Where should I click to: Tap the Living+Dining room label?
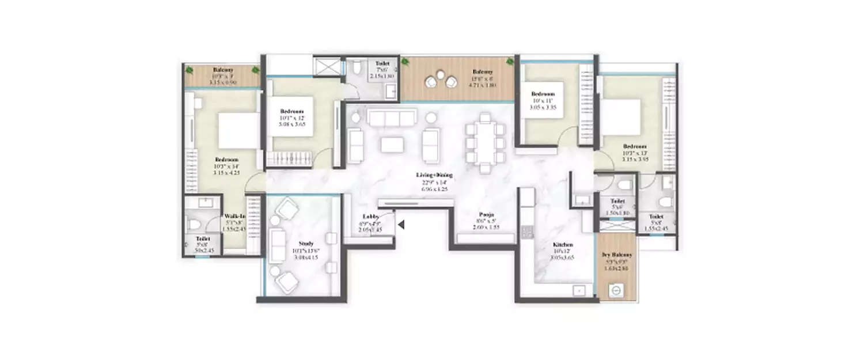435,175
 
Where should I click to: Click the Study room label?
305,243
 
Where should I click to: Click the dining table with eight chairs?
485,142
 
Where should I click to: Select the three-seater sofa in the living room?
392,119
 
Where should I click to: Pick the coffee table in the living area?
392,144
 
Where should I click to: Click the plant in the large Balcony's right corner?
510,60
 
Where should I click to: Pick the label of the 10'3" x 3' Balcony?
222,70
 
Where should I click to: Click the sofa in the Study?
278,242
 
